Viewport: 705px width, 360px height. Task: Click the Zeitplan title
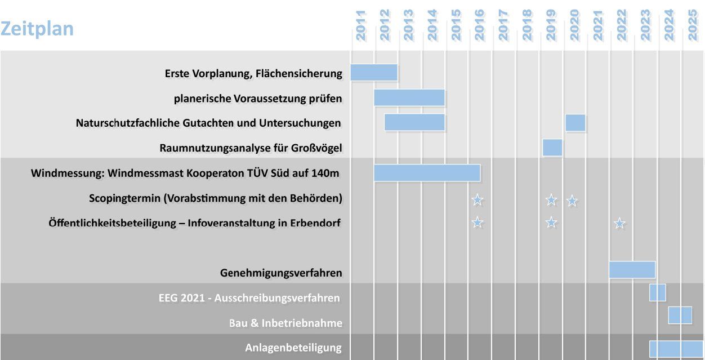point(37,29)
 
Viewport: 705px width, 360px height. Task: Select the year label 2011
point(361,25)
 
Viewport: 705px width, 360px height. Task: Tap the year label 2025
point(693,25)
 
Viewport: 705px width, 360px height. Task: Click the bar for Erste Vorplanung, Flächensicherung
point(374,73)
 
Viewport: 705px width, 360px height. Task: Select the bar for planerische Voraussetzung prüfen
point(409,97)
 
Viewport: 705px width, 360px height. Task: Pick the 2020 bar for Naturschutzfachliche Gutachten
point(575,122)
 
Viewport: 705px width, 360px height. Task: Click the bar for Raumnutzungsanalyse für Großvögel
point(552,148)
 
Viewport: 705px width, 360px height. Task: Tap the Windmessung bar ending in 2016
point(427,172)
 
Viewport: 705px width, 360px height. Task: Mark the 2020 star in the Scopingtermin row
point(572,200)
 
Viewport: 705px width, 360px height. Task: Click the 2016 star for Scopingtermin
point(478,199)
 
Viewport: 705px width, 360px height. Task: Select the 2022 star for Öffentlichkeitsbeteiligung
point(620,224)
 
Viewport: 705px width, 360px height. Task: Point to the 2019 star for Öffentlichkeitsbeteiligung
point(551,223)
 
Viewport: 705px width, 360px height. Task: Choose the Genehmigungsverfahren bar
point(632,269)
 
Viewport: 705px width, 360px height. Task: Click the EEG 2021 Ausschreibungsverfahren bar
point(657,292)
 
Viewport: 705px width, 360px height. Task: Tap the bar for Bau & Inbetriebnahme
point(680,315)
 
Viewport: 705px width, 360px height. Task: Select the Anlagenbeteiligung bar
point(676,349)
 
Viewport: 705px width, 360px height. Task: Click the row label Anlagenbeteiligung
point(293,348)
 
